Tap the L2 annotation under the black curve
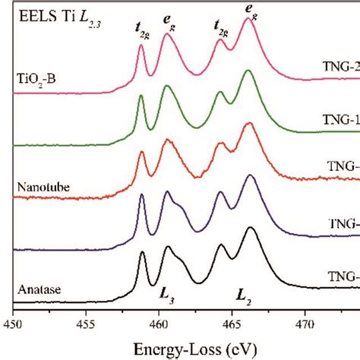[x=245, y=292]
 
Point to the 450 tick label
[x=13, y=324]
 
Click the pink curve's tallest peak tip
[x=248, y=19]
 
